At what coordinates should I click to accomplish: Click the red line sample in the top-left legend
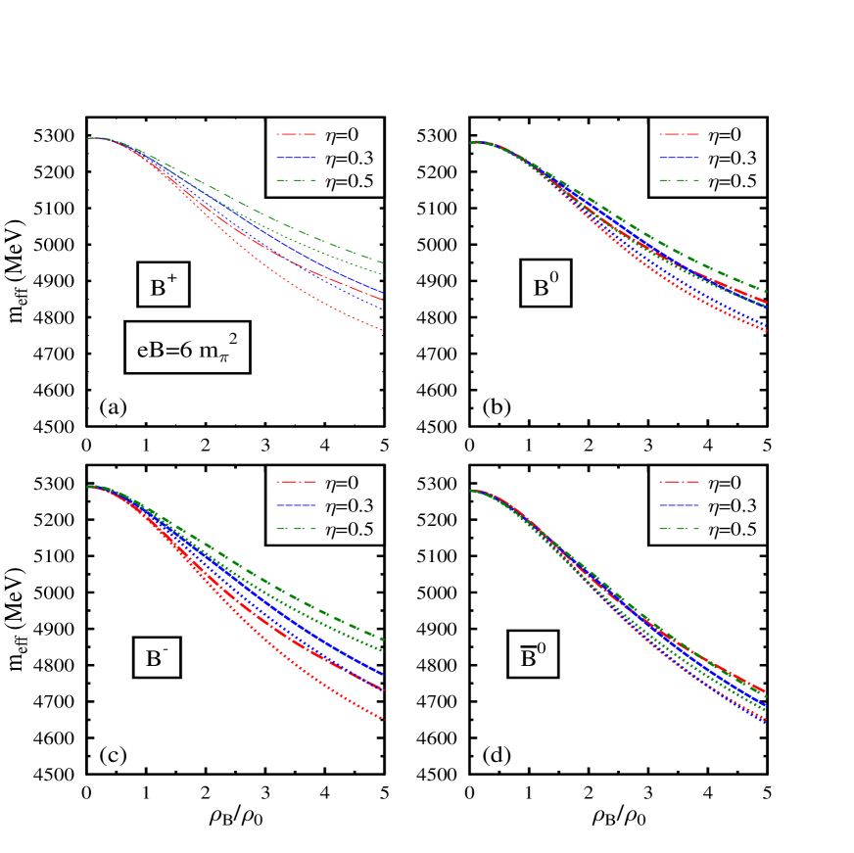[296, 135]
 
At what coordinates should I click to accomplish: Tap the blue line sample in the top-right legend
[679, 158]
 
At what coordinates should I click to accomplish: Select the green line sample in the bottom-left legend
[296, 529]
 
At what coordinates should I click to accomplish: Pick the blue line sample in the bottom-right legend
[679, 506]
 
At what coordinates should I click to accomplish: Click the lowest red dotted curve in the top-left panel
[333, 305]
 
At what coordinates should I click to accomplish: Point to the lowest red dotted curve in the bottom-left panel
[333, 689]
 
